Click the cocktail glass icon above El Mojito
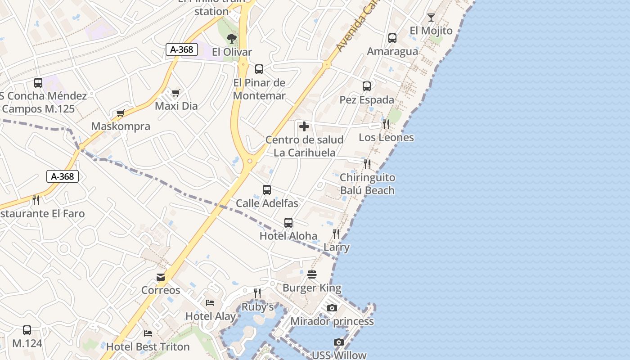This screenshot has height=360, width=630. pos(431,18)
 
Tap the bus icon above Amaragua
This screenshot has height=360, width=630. pos(392,38)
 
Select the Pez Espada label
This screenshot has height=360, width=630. pos(367,100)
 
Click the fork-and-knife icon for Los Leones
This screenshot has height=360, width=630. pos(386,124)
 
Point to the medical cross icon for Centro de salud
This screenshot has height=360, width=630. pos(304,126)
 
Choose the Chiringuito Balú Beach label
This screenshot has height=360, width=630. pos(367,184)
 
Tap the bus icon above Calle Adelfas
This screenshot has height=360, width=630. pos(267,190)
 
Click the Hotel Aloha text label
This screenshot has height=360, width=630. pos(288,236)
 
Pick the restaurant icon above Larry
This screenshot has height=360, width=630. pos(336,234)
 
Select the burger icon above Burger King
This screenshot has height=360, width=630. pos(312,274)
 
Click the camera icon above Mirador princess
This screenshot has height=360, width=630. pos(332,308)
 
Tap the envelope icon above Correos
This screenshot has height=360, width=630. pos(161,277)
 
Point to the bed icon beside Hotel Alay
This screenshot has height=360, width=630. pos(210,303)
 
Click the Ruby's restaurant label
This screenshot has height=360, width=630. pos(258,307)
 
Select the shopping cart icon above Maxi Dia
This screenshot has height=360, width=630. pos(175,93)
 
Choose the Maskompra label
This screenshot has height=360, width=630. pos(121,126)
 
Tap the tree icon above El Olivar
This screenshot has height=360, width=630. pos(232,38)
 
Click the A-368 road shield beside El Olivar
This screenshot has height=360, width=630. pos(182,49)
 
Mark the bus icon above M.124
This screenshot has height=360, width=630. pos(27,330)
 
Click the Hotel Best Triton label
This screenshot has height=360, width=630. pos(148,347)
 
